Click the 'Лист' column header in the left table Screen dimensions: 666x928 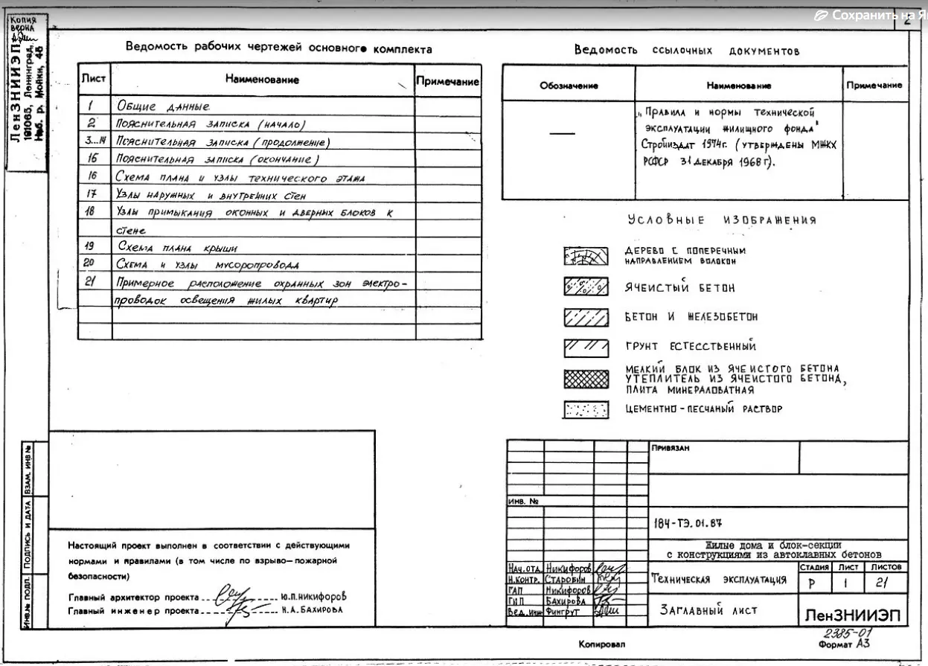94,78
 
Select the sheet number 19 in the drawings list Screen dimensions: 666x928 89,245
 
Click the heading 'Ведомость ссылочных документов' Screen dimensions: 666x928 686,51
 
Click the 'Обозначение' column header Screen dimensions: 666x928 569,86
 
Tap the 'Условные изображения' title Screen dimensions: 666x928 721,220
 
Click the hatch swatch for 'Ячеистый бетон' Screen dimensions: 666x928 586,287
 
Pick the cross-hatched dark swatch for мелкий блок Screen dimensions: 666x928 586,380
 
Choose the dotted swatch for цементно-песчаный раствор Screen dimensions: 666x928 586,409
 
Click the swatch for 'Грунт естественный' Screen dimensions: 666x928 586,347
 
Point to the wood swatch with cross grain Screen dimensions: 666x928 586,257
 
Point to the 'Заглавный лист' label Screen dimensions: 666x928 708,610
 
